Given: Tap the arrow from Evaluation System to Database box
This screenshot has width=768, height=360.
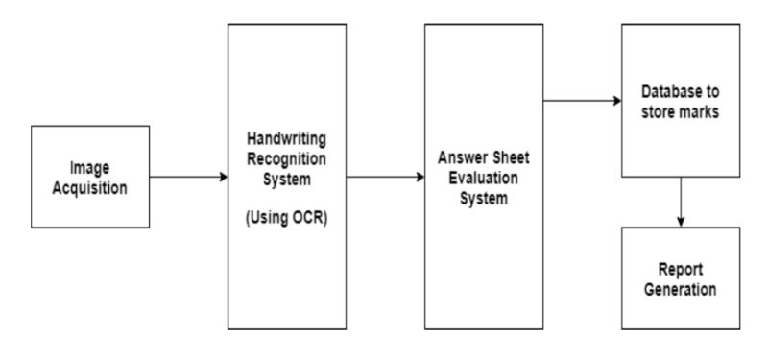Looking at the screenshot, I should (576, 99).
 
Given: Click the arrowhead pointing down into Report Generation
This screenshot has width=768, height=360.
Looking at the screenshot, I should (680, 220).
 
